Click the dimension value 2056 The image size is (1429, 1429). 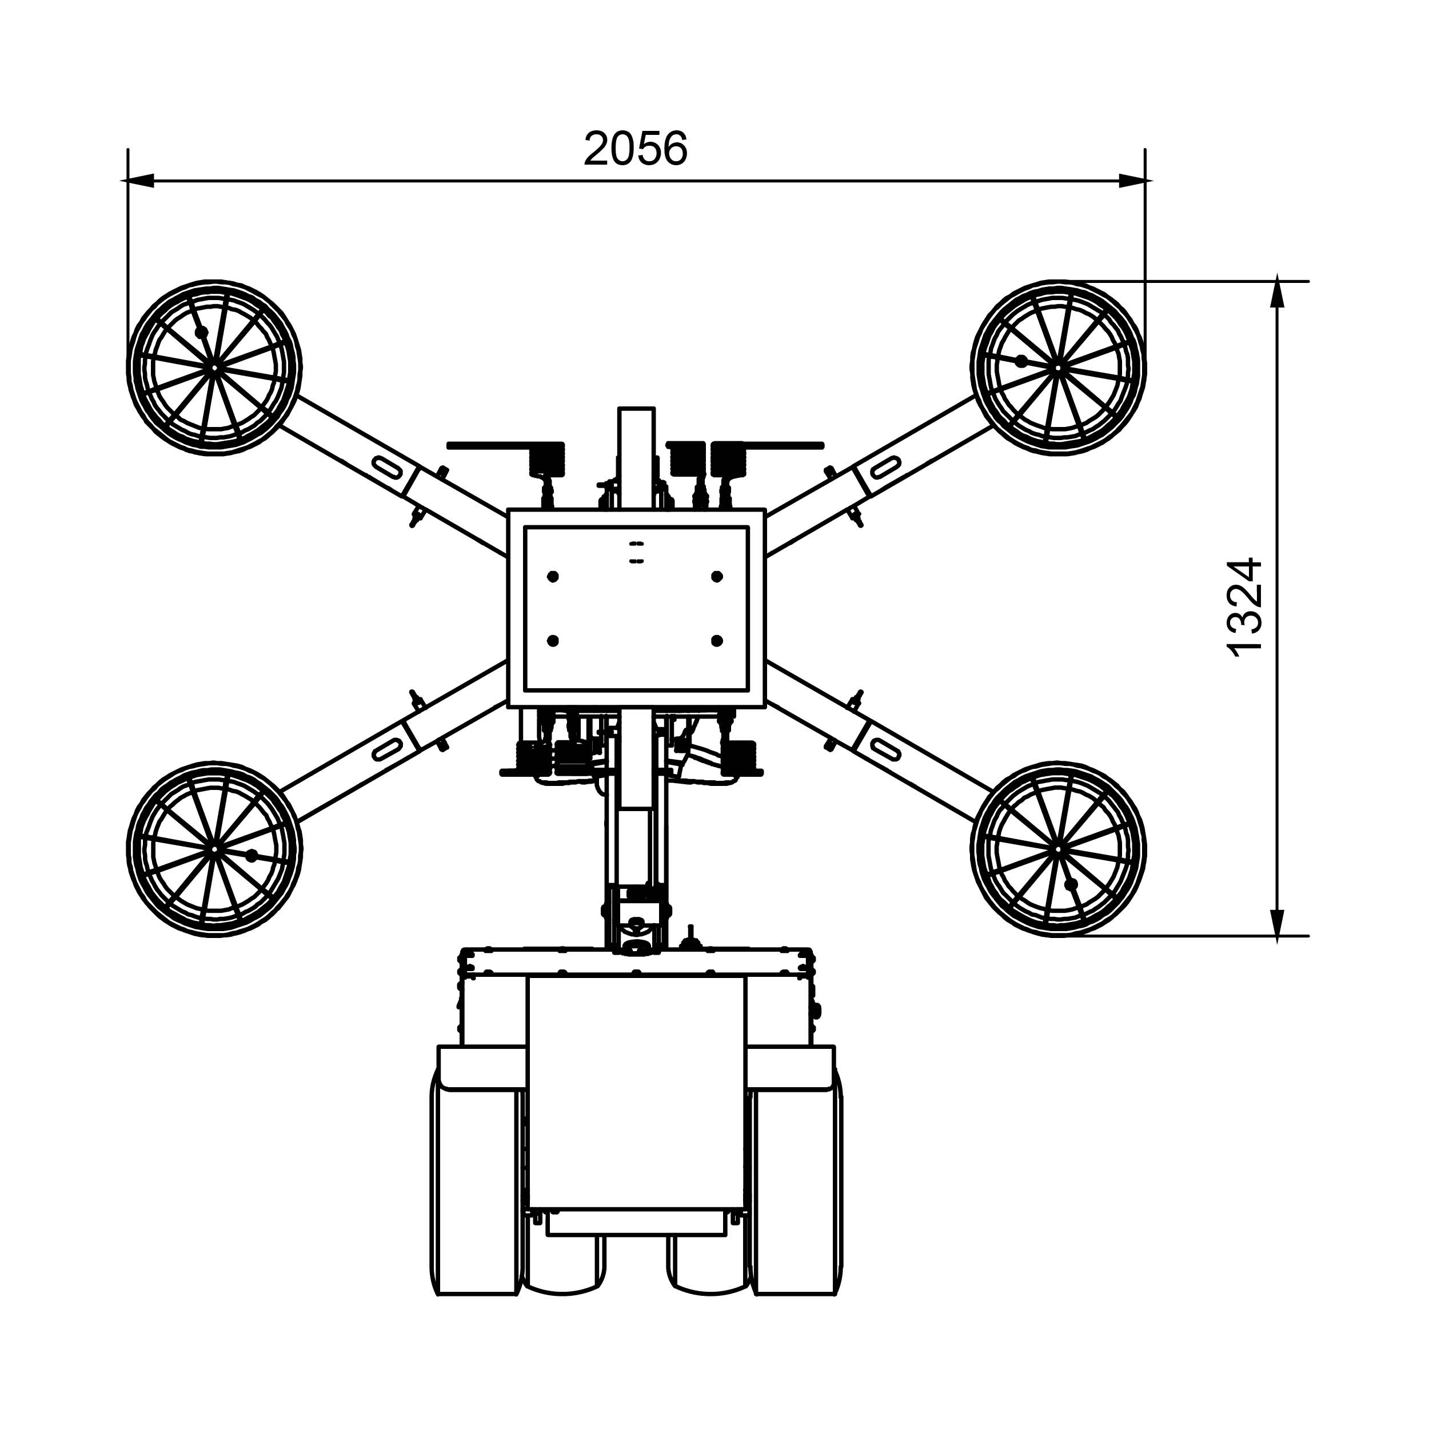point(636,149)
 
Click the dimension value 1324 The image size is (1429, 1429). point(1244,606)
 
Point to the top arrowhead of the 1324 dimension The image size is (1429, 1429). point(1278,294)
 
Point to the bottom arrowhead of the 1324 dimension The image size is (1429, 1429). point(1278,923)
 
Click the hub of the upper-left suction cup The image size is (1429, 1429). point(214,367)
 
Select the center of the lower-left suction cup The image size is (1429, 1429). point(214,849)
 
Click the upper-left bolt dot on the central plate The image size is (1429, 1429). point(553,576)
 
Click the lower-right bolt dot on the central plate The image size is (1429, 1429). point(717,641)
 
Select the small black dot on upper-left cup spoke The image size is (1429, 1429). point(201,332)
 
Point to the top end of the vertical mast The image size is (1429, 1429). point(636,409)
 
